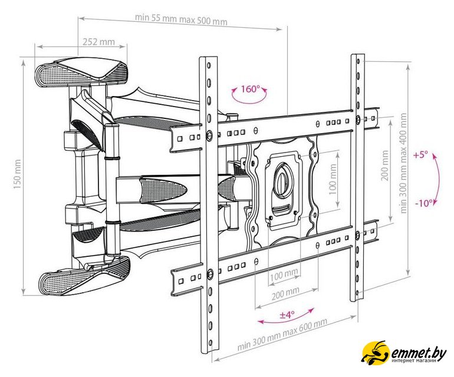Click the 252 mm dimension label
pos(98,42)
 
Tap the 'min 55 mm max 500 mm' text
pos(181,19)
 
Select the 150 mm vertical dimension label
pos(17,174)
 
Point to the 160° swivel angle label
pos(250,88)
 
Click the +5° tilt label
pos(421,155)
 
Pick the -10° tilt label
pos(424,203)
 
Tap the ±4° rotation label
pos(287,315)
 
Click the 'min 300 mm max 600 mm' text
pos(282,334)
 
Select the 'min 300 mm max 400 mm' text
pos(403,163)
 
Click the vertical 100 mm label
pos(333,180)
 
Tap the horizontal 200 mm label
pos(285,295)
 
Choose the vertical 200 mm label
pos(385,165)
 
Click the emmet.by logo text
pos(419,352)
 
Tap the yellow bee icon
pos(375,352)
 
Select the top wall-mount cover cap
pos(81,71)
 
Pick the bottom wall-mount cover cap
pos(85,275)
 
